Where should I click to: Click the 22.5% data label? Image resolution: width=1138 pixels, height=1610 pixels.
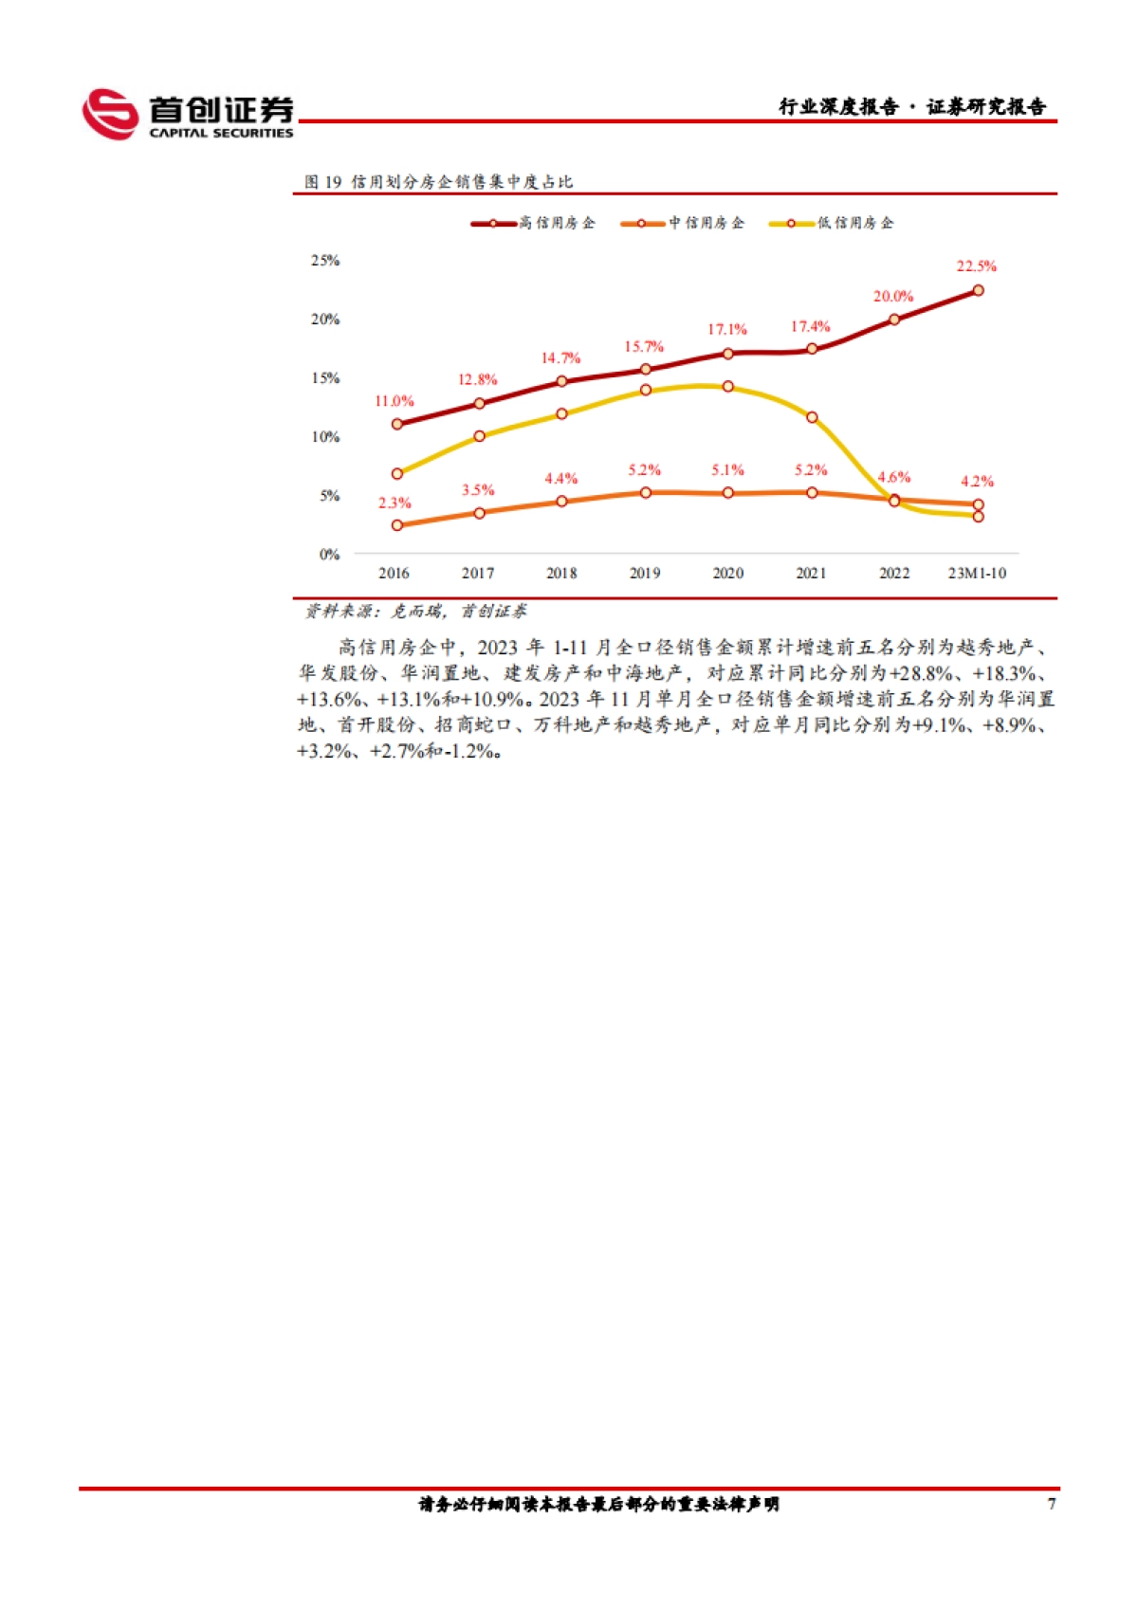point(976,266)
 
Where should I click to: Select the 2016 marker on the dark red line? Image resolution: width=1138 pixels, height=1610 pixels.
point(397,424)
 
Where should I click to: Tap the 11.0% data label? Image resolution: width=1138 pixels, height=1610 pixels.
point(394,401)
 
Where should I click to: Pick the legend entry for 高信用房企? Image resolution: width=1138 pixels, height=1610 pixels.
point(533,223)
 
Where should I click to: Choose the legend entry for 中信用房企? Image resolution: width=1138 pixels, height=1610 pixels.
point(683,223)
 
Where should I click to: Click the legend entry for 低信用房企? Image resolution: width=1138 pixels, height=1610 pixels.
point(832,223)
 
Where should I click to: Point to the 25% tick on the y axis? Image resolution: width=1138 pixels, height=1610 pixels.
point(325,261)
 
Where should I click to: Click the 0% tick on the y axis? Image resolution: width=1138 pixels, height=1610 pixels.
point(329,555)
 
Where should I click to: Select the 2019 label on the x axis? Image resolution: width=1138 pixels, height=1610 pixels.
point(645,574)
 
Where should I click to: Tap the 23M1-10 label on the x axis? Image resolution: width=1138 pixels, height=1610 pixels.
point(977,574)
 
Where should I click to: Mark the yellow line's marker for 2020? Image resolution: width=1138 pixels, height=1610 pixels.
point(728,387)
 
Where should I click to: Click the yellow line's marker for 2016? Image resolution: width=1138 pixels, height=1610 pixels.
point(397,473)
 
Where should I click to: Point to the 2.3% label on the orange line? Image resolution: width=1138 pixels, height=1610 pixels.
point(395,503)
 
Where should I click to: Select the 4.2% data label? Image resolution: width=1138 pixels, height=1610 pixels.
point(977,482)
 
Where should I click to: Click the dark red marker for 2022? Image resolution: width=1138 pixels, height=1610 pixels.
point(894,320)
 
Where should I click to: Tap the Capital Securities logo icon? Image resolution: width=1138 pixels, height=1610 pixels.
point(110,114)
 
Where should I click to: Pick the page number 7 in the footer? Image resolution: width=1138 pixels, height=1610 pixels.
point(1051,1504)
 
